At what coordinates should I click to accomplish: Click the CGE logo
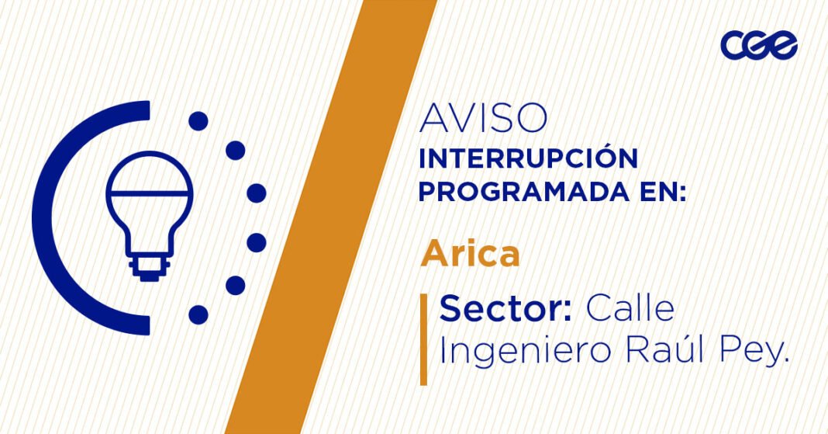pyautogui.click(x=758, y=45)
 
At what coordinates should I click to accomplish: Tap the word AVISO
pyautogui.click(x=484, y=118)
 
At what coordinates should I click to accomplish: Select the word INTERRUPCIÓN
pyautogui.click(x=528, y=158)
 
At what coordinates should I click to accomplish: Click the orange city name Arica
pyautogui.click(x=470, y=254)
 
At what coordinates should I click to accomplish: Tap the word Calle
pyautogui.click(x=630, y=310)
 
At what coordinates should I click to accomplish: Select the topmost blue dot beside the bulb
pyautogui.click(x=198, y=121)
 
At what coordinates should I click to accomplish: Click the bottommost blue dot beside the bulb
pyautogui.click(x=198, y=314)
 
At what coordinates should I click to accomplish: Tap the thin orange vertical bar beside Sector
pyautogui.click(x=423, y=339)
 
